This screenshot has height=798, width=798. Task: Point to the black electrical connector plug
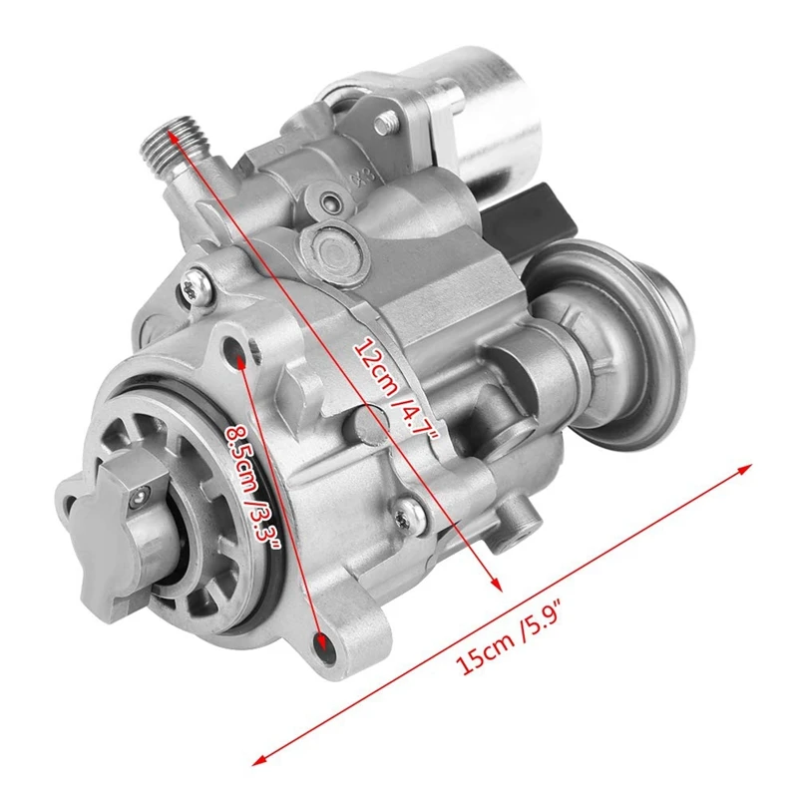tap(530, 213)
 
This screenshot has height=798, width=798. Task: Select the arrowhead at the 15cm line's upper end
tap(744, 469)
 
